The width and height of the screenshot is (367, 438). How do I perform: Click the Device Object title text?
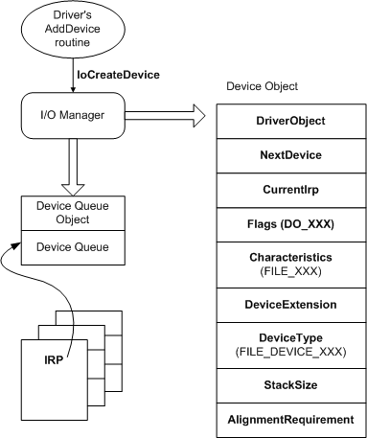tap(262, 86)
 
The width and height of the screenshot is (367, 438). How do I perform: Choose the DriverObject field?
tap(291, 121)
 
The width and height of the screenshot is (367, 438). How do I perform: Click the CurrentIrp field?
tap(291, 189)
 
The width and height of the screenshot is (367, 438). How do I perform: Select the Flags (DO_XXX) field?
tap(291, 226)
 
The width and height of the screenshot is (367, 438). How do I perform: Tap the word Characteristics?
tap(291, 258)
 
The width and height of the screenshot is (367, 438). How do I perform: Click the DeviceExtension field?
tap(291, 304)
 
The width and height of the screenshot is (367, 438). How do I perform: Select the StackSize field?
tap(291, 385)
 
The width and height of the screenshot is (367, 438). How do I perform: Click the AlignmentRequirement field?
tap(291, 420)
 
